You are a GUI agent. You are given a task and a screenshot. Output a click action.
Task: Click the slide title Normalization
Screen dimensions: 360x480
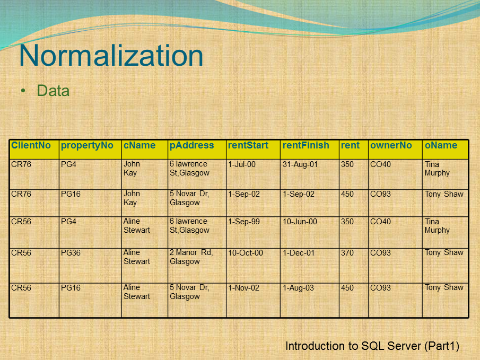(111, 56)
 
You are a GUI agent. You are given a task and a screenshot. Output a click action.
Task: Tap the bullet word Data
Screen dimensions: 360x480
(53, 91)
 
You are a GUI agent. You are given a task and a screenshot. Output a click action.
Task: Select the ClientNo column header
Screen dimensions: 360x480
(31, 145)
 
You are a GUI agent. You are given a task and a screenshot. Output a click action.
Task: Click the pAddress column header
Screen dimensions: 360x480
(192, 145)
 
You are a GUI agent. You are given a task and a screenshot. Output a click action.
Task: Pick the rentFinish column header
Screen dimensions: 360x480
(306, 145)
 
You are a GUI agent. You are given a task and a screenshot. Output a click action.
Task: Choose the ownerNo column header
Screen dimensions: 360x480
(391, 145)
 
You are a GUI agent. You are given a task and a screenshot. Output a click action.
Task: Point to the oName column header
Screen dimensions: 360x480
(441, 145)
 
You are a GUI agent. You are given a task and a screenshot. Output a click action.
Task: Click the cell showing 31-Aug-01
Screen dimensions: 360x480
(300, 164)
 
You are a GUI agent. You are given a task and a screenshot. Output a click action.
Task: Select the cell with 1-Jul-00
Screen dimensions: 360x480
(242, 164)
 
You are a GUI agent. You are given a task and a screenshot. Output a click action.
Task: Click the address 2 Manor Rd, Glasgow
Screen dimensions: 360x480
(191, 257)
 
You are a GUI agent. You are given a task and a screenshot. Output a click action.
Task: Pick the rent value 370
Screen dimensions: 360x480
(347, 253)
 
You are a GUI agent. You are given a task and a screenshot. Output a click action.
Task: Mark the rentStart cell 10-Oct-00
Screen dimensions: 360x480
(246, 253)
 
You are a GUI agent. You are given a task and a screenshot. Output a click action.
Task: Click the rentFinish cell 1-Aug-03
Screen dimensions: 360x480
(298, 288)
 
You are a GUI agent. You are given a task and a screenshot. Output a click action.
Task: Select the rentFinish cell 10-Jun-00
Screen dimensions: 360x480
(300, 222)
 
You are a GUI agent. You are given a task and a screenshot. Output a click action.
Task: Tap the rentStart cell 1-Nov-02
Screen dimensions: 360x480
(244, 288)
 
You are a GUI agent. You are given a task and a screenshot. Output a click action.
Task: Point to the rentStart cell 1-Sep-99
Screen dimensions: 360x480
(244, 222)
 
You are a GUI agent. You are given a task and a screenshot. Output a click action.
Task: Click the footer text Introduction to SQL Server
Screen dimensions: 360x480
(372, 346)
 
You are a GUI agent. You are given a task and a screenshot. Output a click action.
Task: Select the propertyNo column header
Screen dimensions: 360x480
(87, 145)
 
